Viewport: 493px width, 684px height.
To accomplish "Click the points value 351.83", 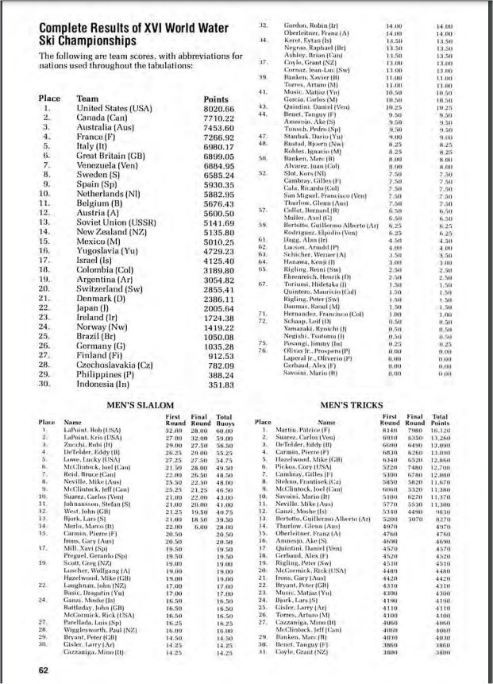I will point(220,385).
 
